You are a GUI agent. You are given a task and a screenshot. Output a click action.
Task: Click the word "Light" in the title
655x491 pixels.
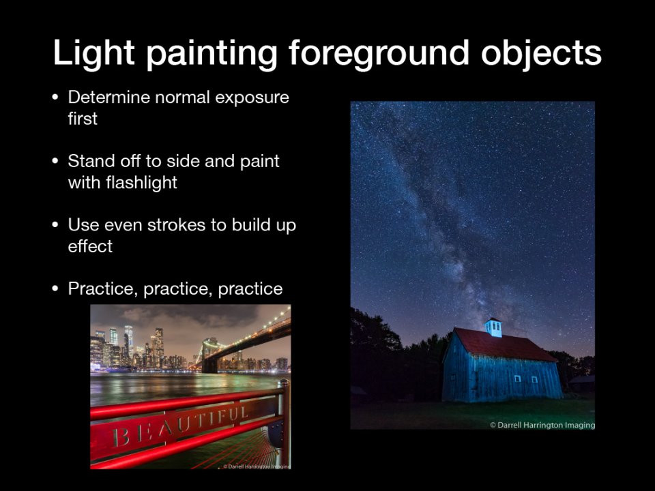click(x=93, y=53)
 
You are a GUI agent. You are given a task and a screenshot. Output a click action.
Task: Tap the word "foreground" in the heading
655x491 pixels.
click(x=379, y=53)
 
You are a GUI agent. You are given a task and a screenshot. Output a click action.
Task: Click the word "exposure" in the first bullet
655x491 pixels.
click(x=252, y=98)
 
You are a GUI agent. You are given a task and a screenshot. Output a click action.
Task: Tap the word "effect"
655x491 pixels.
click(x=90, y=246)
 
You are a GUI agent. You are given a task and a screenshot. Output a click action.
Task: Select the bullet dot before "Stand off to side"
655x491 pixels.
click(x=55, y=161)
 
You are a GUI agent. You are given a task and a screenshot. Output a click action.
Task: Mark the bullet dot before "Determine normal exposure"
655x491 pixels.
click(x=55, y=98)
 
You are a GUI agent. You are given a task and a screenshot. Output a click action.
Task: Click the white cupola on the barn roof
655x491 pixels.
click(x=493, y=327)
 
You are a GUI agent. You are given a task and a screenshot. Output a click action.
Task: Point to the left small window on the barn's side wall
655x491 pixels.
click(x=518, y=378)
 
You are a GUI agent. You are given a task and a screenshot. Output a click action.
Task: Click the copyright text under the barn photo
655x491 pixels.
click(x=542, y=425)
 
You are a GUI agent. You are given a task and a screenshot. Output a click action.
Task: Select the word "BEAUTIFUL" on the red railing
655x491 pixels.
click(x=181, y=425)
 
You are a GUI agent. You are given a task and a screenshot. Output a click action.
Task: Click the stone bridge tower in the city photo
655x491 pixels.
click(x=209, y=355)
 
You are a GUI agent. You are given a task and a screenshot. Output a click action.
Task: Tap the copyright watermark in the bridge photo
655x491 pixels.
click(x=257, y=466)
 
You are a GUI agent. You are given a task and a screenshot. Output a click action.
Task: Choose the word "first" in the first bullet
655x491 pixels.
click(x=83, y=119)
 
